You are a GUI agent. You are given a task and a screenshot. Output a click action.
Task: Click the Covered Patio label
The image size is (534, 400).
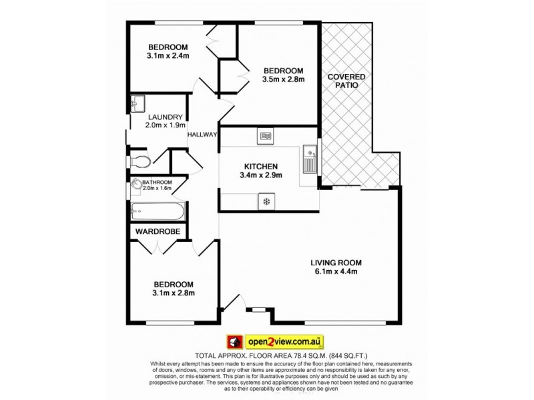coord(346,81)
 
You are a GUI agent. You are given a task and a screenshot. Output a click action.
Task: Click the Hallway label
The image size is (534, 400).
coord(202,135)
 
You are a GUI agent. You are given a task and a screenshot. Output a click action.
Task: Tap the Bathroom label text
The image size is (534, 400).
coord(157,183)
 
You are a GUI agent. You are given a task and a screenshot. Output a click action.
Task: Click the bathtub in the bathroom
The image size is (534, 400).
coord(158,211)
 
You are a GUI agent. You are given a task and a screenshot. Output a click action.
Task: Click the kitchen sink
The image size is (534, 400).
coord(310,159)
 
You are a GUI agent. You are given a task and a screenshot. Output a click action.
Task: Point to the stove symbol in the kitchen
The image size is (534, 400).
coord(266,200)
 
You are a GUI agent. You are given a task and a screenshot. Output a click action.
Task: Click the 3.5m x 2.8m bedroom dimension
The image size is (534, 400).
coord(283,79)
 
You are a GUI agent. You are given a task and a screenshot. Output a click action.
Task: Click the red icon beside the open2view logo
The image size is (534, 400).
coord(234,341)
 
